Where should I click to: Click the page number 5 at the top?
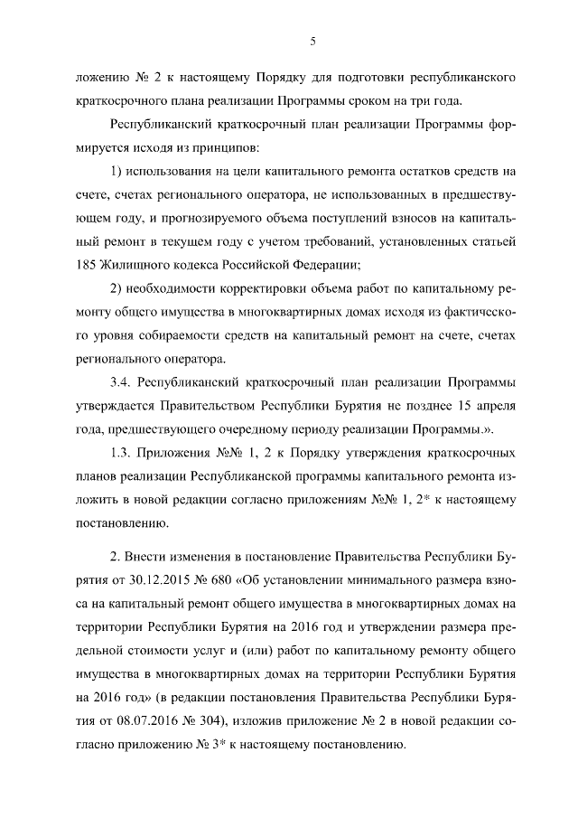[x=312, y=42]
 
